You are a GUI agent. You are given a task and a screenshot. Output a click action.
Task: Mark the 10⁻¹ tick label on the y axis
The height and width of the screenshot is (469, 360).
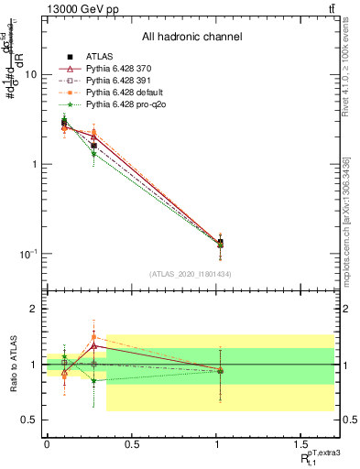pyautogui.click(x=28, y=254)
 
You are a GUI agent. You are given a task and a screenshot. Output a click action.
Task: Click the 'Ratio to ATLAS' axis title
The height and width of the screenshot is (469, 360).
pyautogui.click(x=12, y=365)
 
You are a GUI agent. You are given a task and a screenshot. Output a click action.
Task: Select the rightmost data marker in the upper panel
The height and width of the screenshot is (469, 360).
pyautogui.click(x=220, y=243)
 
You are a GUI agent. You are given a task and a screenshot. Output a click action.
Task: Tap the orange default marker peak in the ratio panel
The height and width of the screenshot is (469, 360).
pyautogui.click(x=93, y=336)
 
